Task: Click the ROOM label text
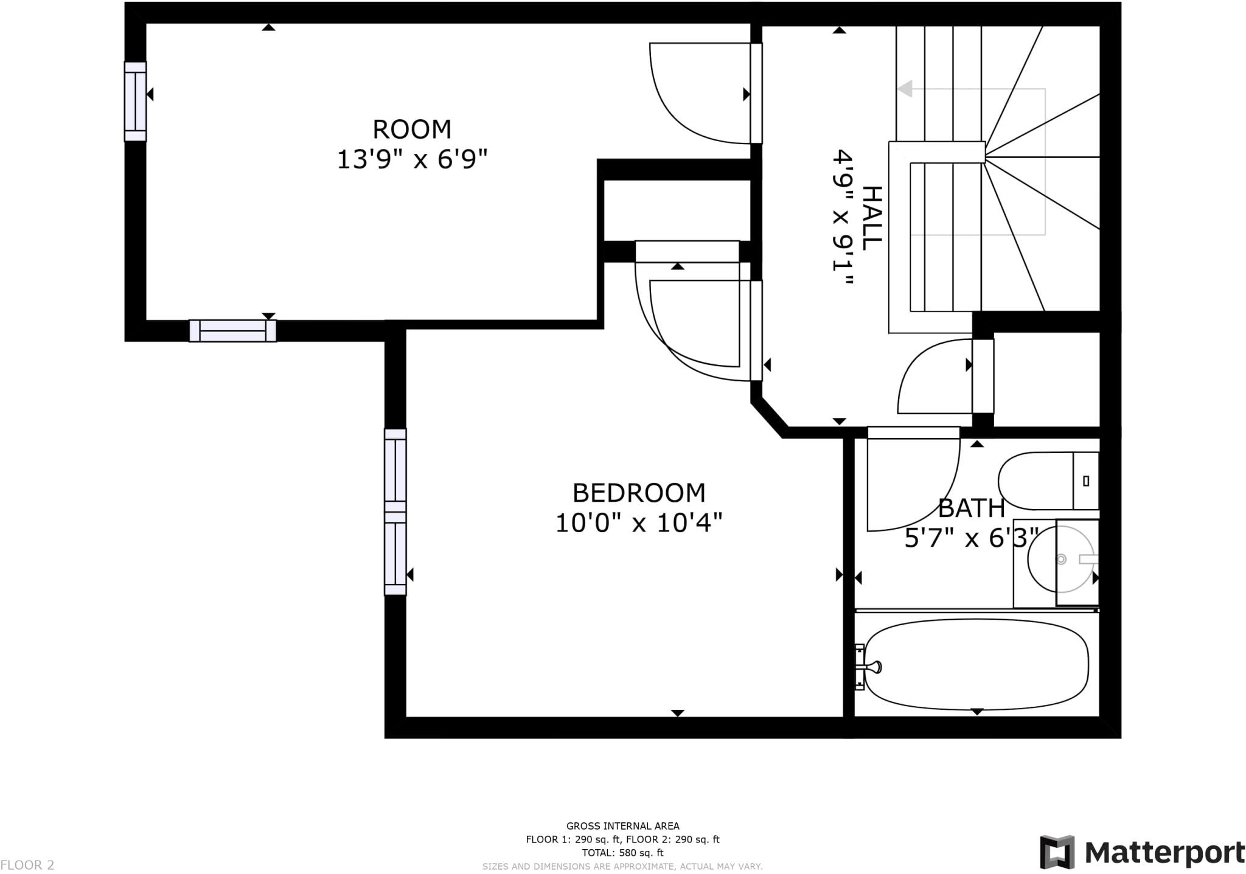[x=412, y=130]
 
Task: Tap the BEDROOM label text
[x=639, y=493]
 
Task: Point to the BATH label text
[x=971, y=508]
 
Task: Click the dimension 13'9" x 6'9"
[x=412, y=160]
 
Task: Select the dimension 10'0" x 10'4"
[x=639, y=522]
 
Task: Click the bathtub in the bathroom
[x=976, y=664]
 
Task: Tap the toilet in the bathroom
[x=1048, y=480]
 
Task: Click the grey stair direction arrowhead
[x=905, y=89]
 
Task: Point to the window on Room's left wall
[x=135, y=102]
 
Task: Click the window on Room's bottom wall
[x=232, y=331]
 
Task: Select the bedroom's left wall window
[x=395, y=512]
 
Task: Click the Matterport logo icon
[x=1057, y=852]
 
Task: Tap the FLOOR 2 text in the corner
[x=27, y=865]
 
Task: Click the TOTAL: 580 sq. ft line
[x=622, y=853]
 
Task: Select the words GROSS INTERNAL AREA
[x=622, y=826]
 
